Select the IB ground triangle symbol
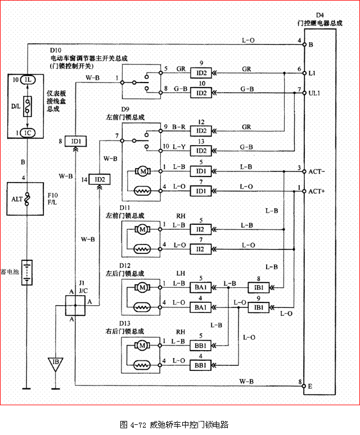(x=55, y=361)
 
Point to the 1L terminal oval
(x=28, y=80)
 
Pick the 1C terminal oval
(x=28, y=133)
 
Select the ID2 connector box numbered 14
(x=100, y=179)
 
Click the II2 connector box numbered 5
(x=200, y=229)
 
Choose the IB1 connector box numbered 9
(x=259, y=307)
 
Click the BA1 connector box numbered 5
(x=200, y=288)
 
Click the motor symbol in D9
(x=142, y=170)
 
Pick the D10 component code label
(x=56, y=51)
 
